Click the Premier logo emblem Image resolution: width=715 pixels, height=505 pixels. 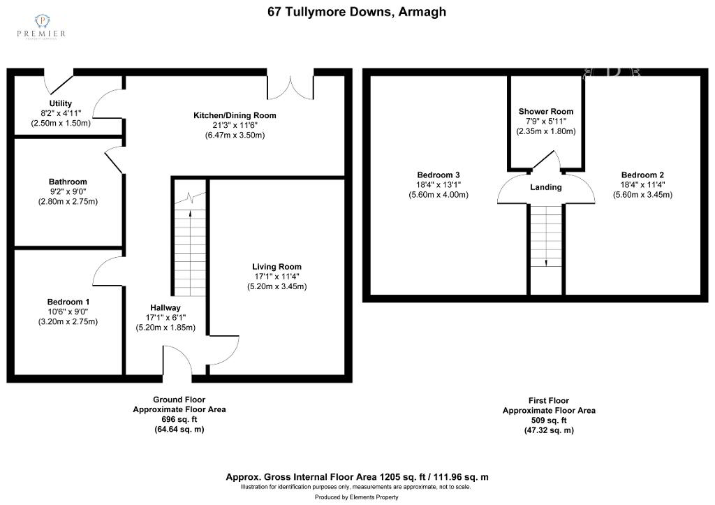point(42,20)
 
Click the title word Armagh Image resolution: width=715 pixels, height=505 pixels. point(422,11)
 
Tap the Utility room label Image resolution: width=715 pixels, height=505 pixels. point(61,103)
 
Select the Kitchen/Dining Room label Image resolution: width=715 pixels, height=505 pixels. point(235,115)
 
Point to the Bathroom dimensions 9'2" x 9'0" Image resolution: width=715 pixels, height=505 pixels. point(68,191)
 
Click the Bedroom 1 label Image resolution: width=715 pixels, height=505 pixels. point(68,302)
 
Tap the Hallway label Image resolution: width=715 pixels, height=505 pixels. point(165,308)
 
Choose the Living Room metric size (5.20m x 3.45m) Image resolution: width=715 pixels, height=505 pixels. point(277,286)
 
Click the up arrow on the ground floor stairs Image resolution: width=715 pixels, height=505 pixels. point(190,212)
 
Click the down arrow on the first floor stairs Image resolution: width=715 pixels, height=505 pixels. point(546,263)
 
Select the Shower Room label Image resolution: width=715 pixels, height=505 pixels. point(546,111)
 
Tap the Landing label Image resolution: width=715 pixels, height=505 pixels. point(546,187)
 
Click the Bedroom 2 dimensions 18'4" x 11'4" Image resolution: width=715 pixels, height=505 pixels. point(642,185)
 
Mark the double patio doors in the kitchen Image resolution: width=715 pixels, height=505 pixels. point(290,87)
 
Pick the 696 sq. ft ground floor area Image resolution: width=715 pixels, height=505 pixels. point(179,419)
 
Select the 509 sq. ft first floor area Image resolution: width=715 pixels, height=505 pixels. point(549,420)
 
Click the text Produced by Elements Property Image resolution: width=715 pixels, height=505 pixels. point(357,497)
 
